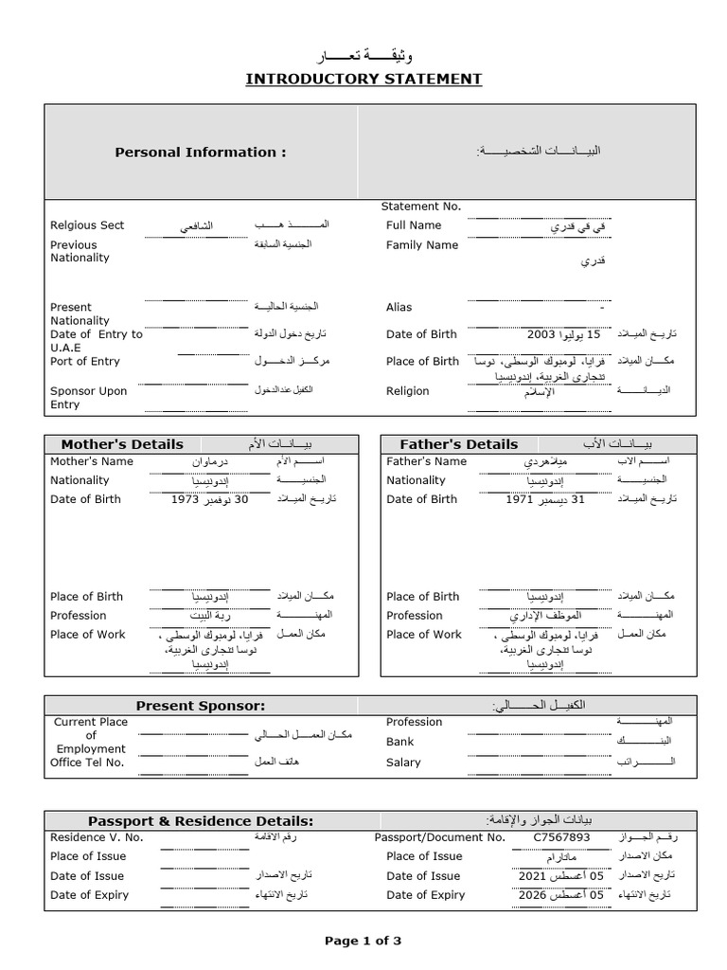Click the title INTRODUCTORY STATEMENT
[363, 79]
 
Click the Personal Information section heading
[200, 152]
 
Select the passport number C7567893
[561, 837]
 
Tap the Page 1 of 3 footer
[363, 941]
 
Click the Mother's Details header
[122, 444]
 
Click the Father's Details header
[459, 444]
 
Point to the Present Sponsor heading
[200, 706]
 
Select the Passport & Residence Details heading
[200, 820]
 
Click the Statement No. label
[420, 207]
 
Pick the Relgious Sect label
[87, 225]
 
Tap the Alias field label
[399, 307]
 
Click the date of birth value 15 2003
[564, 334]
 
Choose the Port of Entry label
[84, 361]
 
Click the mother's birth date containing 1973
[209, 499]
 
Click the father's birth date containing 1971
[545, 499]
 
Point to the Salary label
[403, 763]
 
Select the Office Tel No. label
[87, 763]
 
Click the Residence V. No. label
[97, 837]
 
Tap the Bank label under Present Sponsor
[399, 742]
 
